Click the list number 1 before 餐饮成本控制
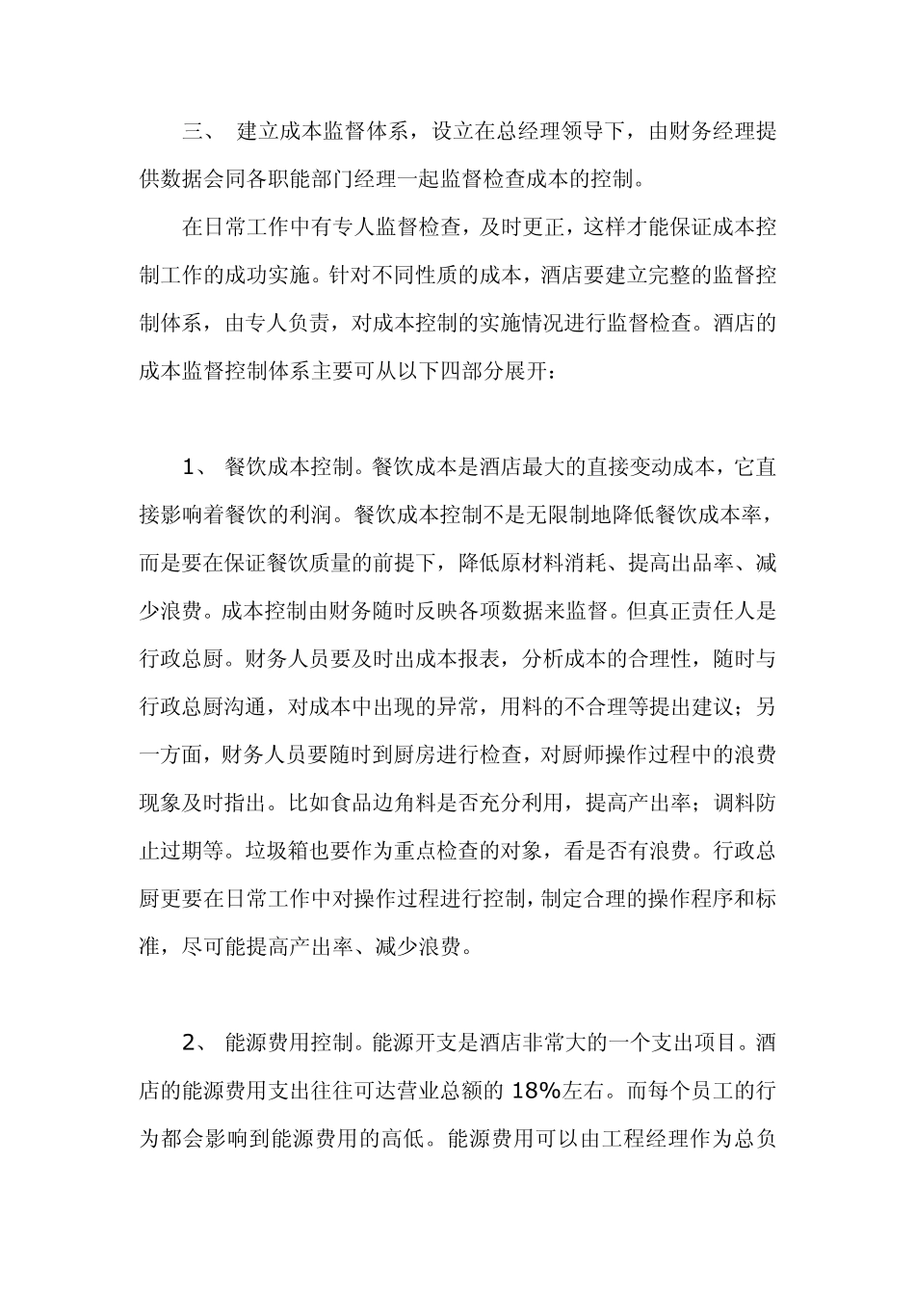189,468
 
